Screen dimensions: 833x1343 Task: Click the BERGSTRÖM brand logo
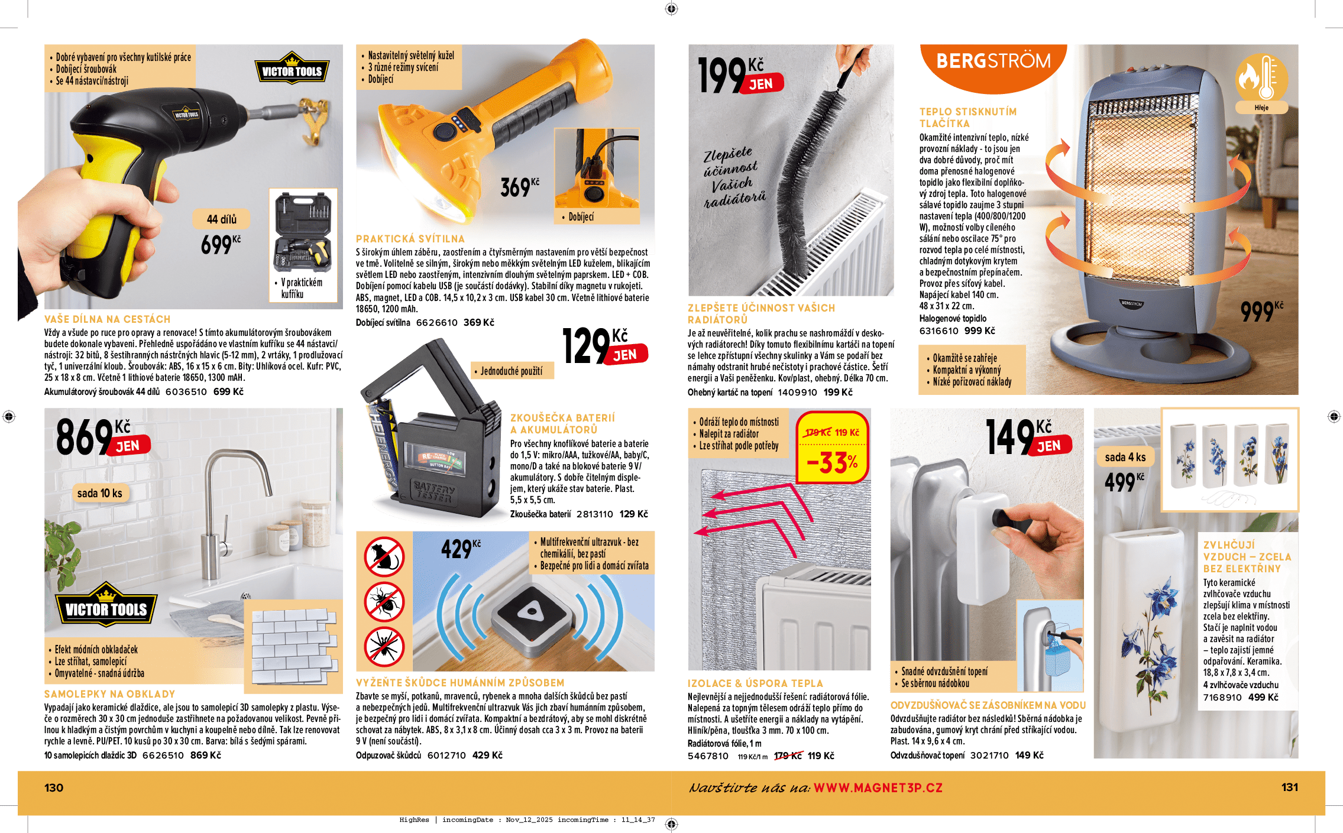point(994,61)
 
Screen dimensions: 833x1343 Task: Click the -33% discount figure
point(832,462)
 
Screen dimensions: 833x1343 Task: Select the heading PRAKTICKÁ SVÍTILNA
point(410,239)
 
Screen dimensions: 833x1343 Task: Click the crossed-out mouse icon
point(384,556)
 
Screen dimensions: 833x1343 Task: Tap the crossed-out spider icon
point(384,647)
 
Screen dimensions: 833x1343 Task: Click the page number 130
point(54,787)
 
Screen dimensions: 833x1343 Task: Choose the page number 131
point(1289,787)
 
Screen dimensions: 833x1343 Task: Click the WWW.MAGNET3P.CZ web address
point(878,788)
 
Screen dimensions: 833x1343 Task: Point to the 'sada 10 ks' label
point(99,493)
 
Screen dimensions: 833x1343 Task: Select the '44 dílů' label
point(221,219)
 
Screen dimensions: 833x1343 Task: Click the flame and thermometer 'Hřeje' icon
point(1261,83)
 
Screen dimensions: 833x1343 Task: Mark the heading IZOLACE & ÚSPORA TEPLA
point(755,683)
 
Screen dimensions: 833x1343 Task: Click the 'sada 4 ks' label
point(1125,457)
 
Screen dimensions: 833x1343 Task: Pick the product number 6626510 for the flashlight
point(436,323)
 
